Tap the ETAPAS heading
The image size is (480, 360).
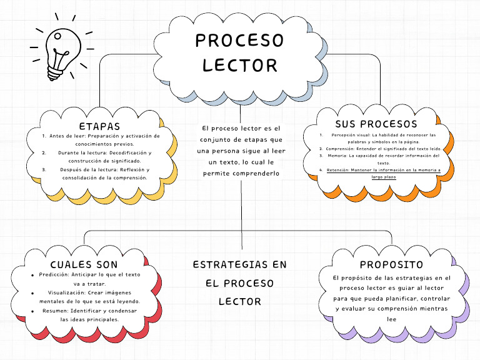click(100, 127)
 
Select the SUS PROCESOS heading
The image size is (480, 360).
click(376, 124)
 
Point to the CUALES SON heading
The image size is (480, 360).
click(84, 264)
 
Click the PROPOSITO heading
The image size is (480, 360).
click(391, 264)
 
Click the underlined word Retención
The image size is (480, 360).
click(338, 169)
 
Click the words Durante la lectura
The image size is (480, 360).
click(84, 152)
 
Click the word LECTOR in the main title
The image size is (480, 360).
click(239, 65)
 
